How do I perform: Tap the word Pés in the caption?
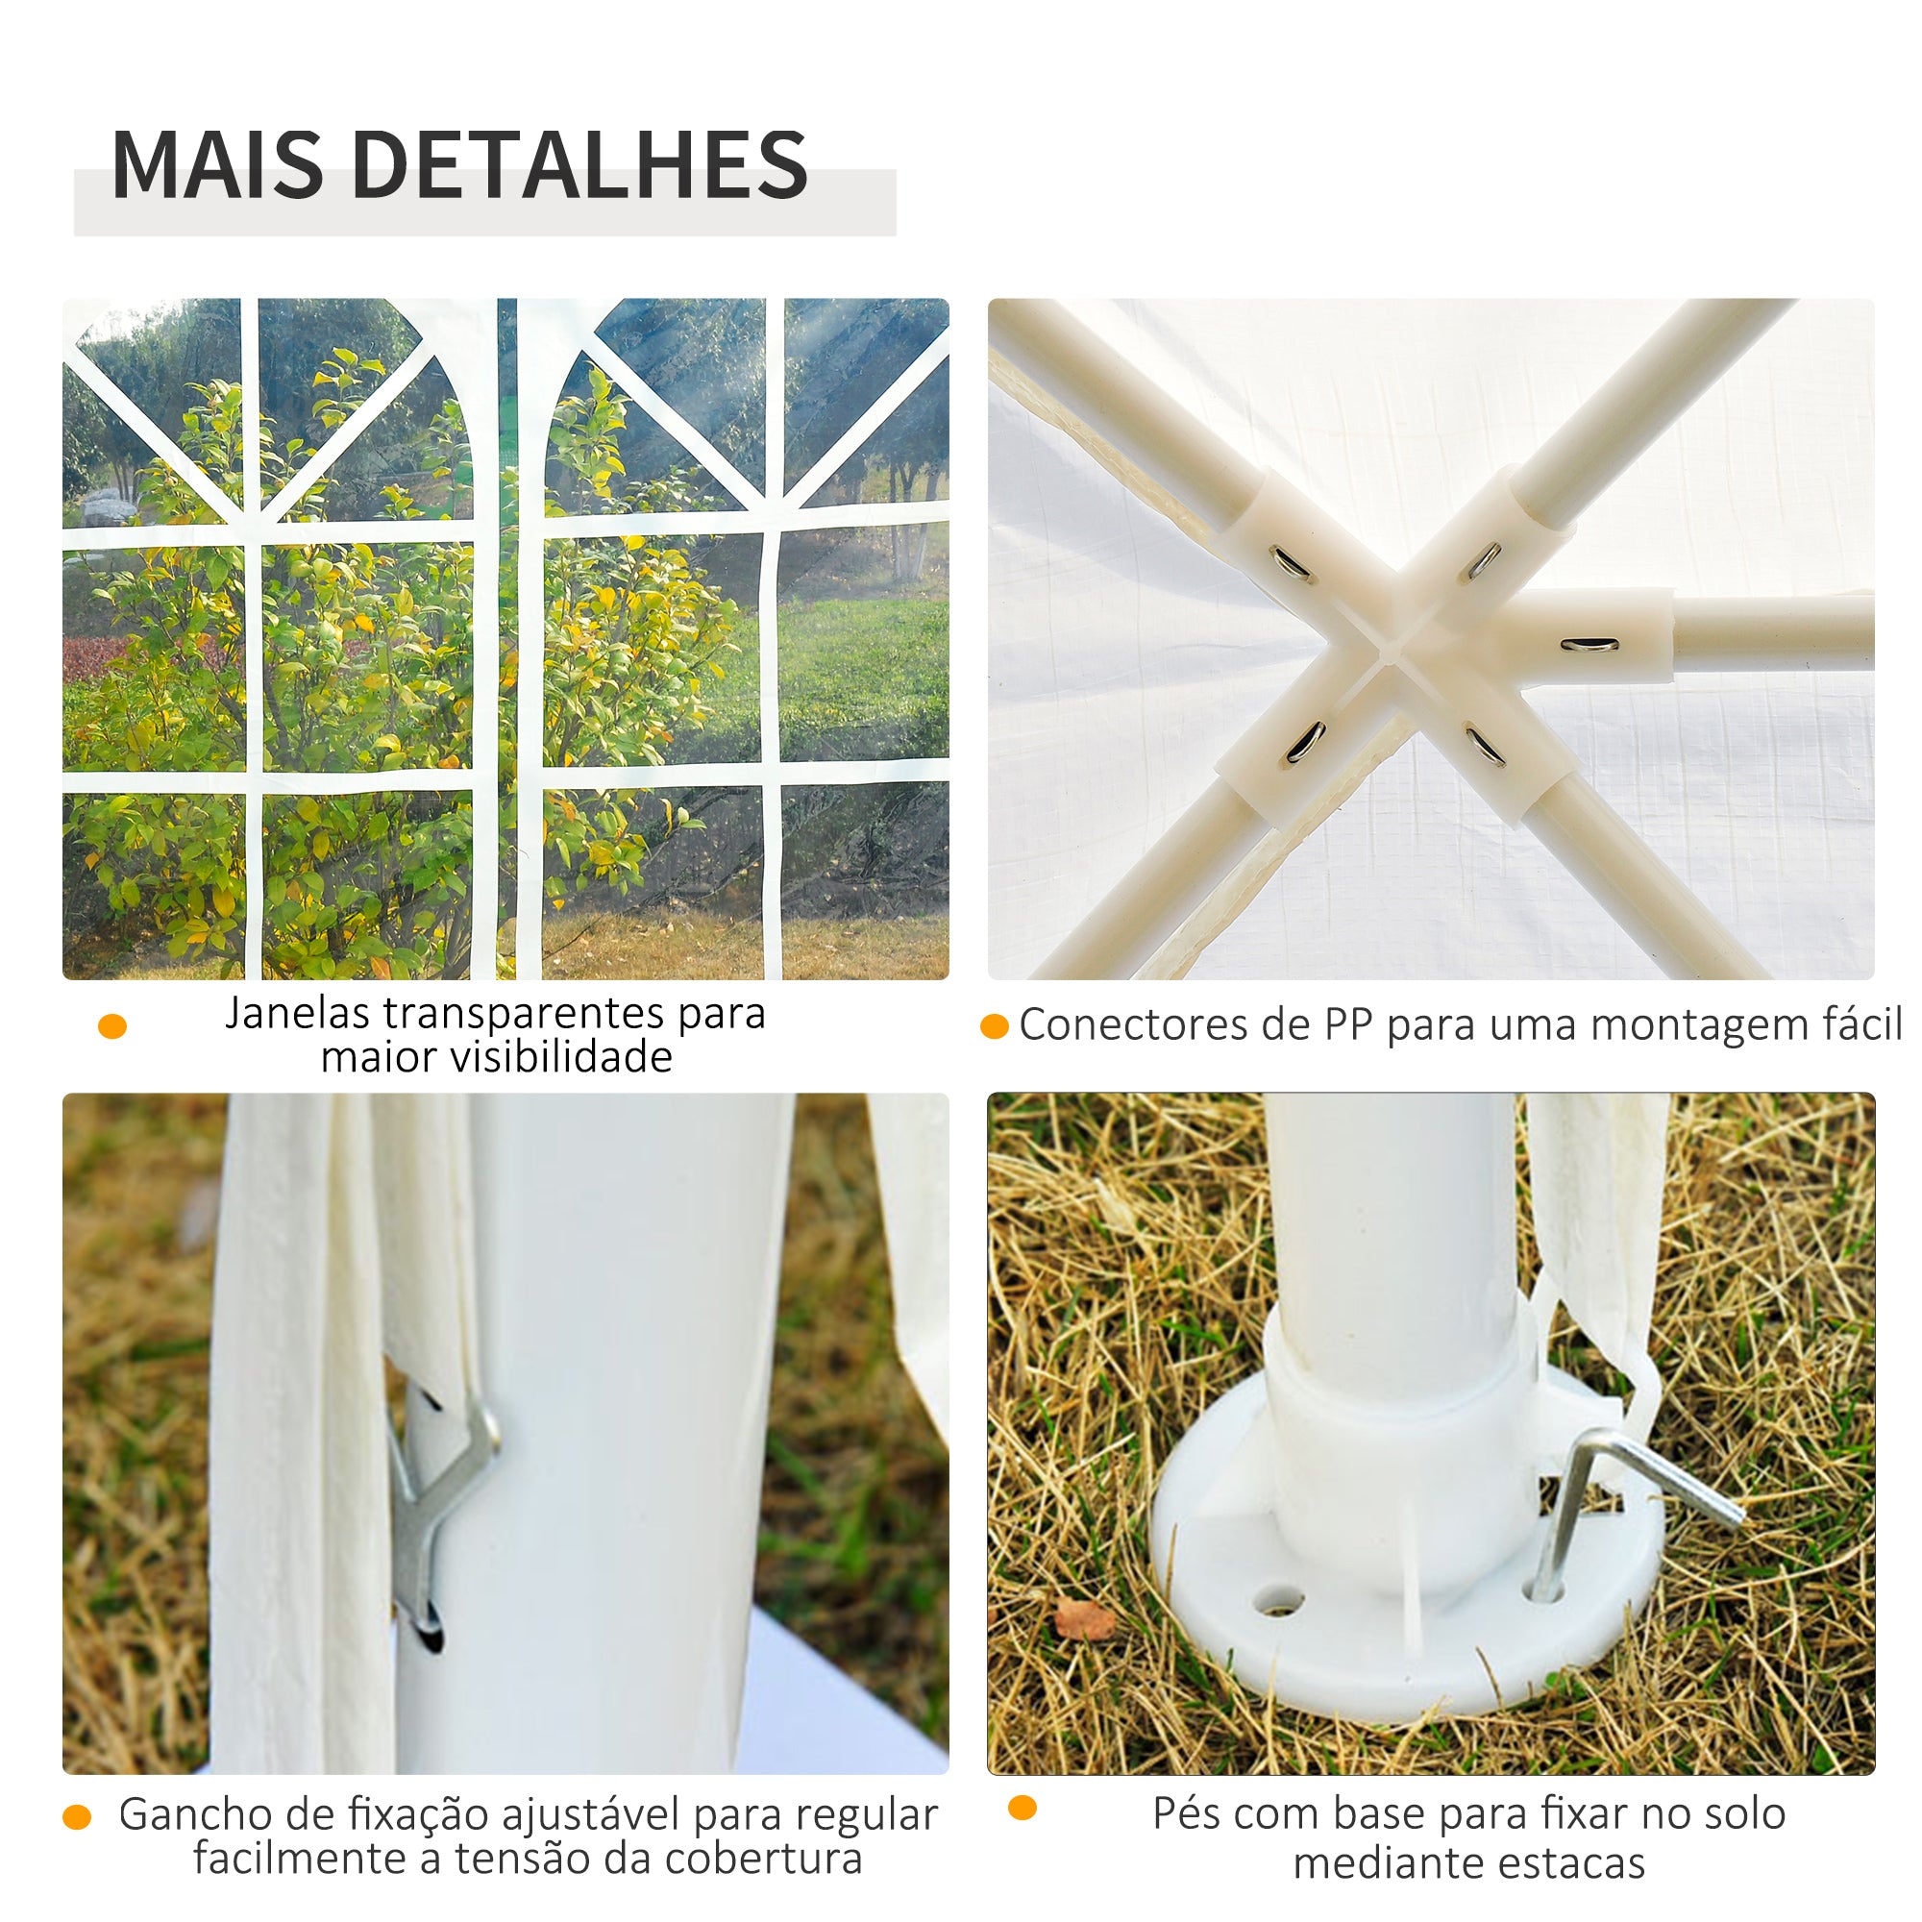[1186, 1813]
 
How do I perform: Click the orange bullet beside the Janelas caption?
[112, 1026]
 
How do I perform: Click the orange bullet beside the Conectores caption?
[995, 1026]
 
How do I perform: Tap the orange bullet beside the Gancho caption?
[77, 1817]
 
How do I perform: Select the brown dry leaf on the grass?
[1084, 1619]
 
